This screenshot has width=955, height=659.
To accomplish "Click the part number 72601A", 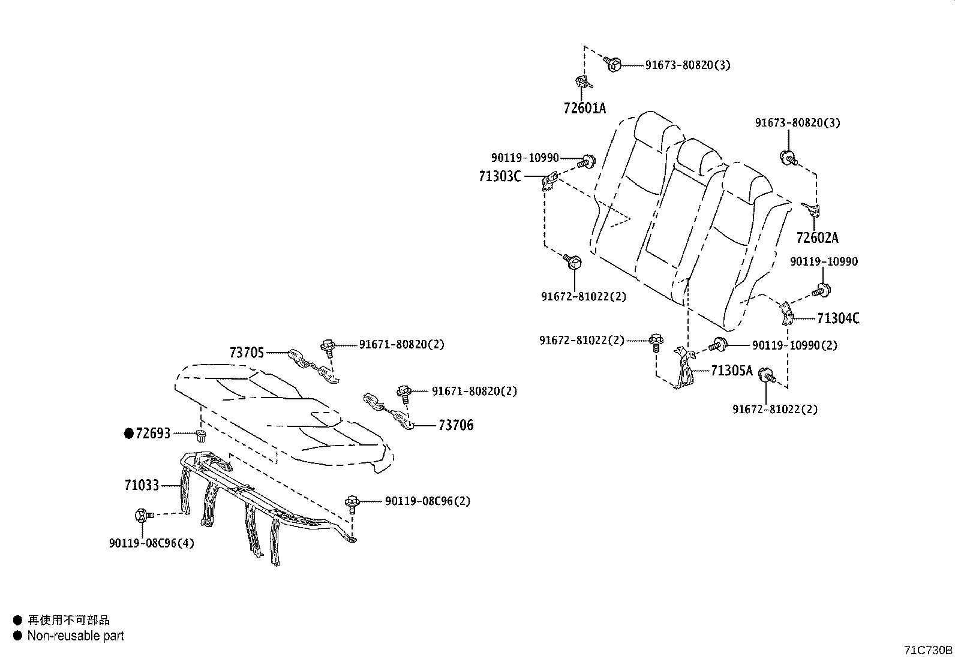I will coord(584,109).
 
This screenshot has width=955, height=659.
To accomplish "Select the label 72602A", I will coord(817,238).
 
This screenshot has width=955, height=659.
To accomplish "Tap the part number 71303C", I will coord(500,176).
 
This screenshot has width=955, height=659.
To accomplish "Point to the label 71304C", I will coord(838,318).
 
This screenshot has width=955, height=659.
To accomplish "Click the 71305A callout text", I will coord(731,371).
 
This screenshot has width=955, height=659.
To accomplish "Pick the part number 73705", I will coord(247,353).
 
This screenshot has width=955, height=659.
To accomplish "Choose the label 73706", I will coord(455,425).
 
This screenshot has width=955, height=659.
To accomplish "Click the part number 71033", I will coord(142,485).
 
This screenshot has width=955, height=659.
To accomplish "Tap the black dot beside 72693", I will coord(128,433).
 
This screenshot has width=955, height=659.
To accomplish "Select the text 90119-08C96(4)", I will coord(151,543).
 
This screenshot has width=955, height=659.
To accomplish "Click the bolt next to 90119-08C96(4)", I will coord(144,514).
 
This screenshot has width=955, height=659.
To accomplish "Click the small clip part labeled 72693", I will coord(201,435).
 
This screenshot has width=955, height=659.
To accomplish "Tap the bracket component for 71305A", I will coord(683,369).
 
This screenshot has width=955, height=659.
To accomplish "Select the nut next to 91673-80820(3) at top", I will coord(613,64).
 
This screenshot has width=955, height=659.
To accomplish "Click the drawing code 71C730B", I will coord(928,650).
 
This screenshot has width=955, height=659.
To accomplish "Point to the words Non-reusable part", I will coord(76,636).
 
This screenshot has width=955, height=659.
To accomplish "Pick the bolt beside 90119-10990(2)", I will coord(717,345).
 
